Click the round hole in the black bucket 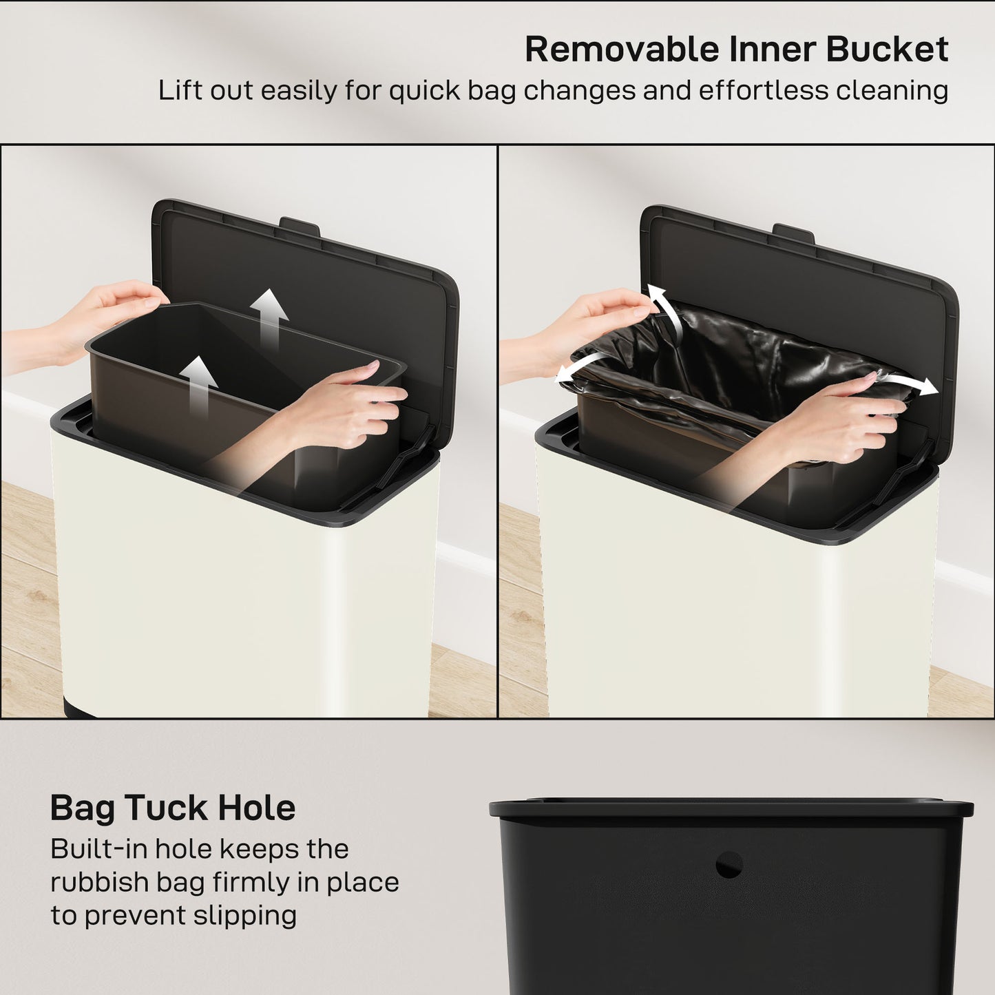(729, 864)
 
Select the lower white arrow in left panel (198, 382)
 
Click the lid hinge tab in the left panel (300, 226)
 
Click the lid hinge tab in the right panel (793, 232)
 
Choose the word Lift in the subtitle (180, 91)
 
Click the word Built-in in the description (97, 849)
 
